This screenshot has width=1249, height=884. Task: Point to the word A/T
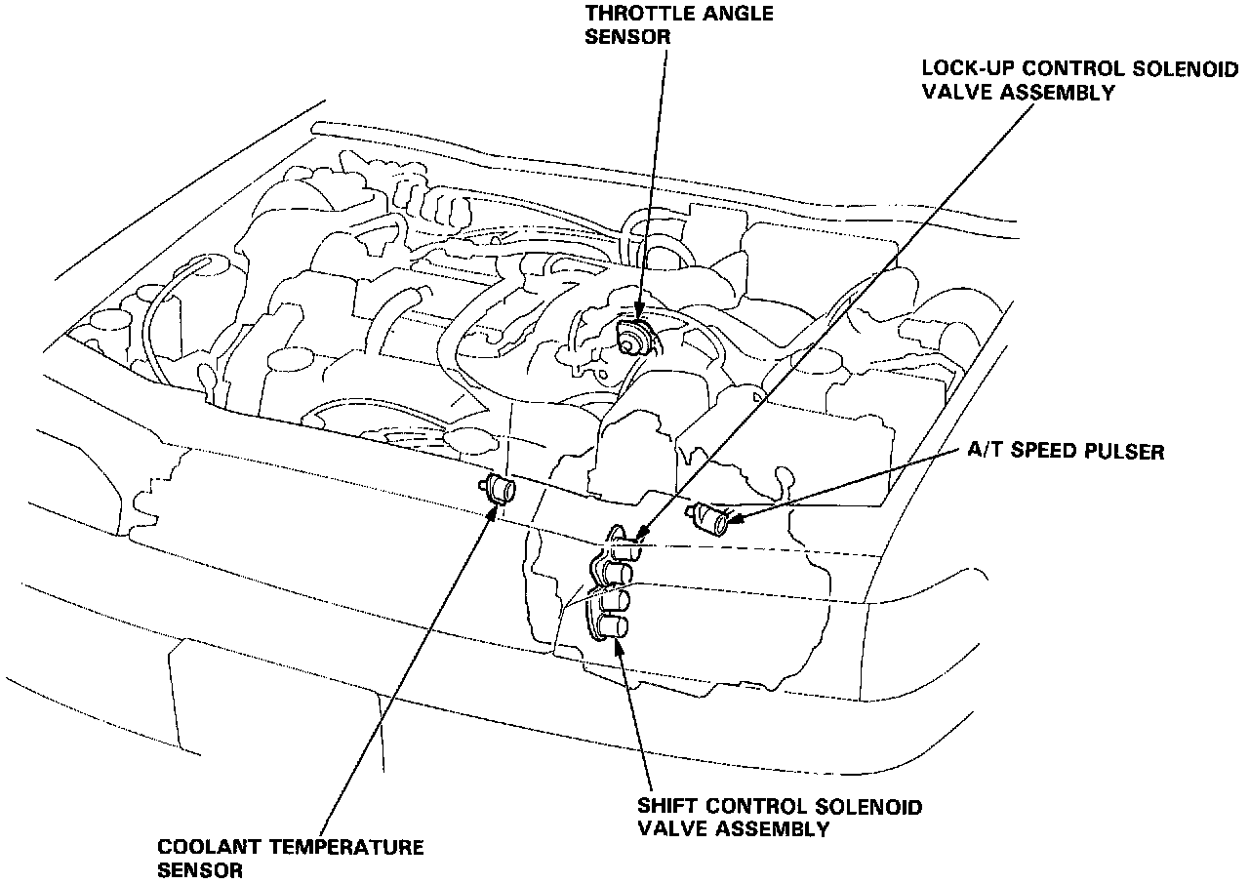point(984,452)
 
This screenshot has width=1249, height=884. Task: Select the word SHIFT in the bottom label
point(668,807)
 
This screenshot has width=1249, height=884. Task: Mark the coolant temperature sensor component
point(501,487)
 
